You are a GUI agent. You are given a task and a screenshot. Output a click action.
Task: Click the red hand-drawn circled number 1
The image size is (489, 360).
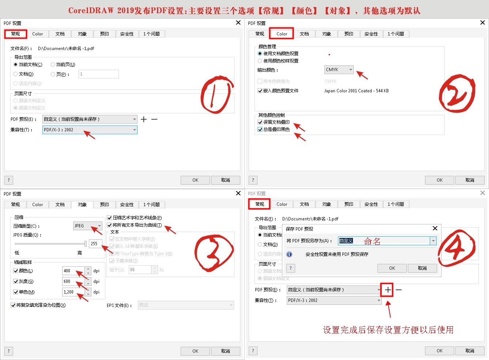[217, 96]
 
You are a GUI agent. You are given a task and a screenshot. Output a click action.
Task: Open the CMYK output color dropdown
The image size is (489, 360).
[339, 70]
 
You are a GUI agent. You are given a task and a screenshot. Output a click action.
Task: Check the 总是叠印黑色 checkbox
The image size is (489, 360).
[260, 129]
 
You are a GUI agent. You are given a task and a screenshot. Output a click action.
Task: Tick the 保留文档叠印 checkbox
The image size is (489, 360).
[260, 122]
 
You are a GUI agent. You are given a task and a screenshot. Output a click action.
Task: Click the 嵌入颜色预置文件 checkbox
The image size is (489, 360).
[260, 91]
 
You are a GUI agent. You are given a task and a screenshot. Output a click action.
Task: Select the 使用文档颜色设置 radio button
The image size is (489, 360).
[260, 54]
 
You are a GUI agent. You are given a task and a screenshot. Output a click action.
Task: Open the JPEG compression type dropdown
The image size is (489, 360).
[88, 226]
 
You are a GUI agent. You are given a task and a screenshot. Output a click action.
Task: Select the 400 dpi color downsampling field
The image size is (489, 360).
[73, 271]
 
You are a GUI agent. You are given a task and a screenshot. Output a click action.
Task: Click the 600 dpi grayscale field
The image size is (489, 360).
[73, 281]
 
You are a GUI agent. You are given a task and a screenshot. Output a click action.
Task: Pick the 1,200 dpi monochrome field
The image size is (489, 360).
[73, 292]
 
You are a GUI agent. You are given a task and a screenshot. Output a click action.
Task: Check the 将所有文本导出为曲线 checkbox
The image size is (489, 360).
[109, 225]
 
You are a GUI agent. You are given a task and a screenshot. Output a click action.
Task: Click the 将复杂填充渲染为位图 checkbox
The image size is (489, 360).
[13, 305]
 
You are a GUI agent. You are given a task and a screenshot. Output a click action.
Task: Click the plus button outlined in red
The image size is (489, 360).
[388, 290]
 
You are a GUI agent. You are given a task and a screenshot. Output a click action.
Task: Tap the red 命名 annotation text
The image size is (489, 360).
[372, 241]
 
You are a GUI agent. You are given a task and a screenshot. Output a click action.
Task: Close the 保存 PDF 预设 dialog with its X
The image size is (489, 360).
[435, 228]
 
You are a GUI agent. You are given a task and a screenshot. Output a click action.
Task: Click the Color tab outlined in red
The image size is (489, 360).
[282, 34]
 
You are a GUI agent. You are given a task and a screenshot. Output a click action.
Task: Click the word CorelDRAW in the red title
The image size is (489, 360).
[91, 11]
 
